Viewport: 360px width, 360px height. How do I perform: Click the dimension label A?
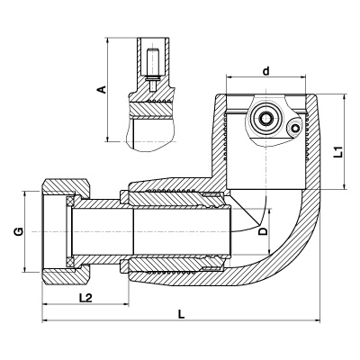tap(103, 89)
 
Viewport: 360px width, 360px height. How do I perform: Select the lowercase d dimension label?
tap(266, 71)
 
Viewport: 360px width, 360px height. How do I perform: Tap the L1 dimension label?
tap(339, 152)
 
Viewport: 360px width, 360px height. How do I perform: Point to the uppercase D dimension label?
tap(263, 230)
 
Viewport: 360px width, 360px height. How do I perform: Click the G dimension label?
tap(19, 232)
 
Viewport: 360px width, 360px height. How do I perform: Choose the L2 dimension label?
tap(85, 298)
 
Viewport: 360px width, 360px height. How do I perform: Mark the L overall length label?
tap(181, 314)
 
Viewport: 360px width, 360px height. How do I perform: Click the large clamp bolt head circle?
tap(265, 118)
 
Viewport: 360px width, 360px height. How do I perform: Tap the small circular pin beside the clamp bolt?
tap(296, 129)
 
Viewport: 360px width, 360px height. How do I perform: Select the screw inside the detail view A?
tap(153, 69)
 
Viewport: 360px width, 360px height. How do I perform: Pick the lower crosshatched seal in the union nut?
tap(70, 261)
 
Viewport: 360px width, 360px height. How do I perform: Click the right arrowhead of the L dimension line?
tap(318, 321)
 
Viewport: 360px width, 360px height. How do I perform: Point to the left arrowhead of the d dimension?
tap(229, 77)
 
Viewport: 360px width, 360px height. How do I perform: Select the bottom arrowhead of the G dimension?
tap(25, 269)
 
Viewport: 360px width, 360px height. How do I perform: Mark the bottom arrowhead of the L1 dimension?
tap(345, 186)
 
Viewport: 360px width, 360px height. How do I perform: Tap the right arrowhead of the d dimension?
tap(302, 77)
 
